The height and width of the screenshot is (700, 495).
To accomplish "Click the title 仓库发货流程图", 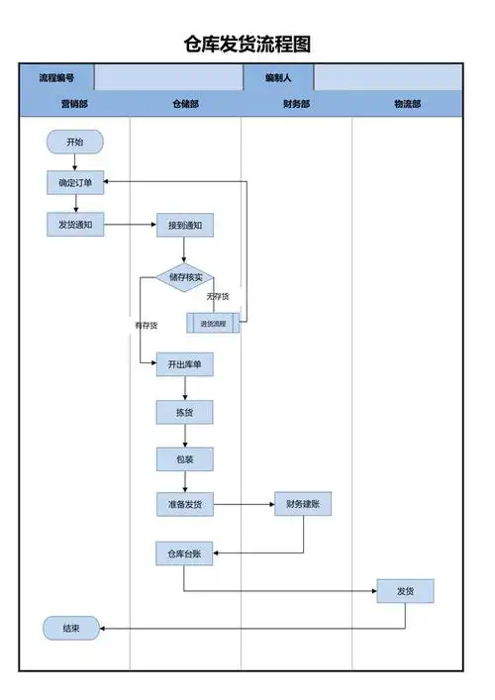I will [x=247, y=45].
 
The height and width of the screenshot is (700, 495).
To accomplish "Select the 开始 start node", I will [x=74, y=143].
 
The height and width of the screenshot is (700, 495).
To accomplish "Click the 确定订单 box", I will [x=74, y=182].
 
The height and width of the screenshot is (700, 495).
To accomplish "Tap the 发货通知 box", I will [x=74, y=225].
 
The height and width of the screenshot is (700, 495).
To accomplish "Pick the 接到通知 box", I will [x=184, y=226].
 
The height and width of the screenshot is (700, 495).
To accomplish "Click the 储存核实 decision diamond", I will [x=184, y=278].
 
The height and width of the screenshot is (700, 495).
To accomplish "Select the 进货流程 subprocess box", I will [x=213, y=323].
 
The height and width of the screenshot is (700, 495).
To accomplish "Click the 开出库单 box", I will [x=184, y=364].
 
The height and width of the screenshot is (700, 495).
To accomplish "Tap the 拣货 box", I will [x=184, y=412].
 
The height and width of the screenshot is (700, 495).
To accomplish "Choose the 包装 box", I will [x=184, y=458].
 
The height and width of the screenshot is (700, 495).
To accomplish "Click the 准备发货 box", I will [x=184, y=505].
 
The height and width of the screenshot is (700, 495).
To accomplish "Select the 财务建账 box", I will [x=303, y=505].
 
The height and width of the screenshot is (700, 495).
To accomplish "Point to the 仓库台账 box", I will [x=184, y=552].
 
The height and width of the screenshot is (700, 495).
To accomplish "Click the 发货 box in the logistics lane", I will [x=405, y=591].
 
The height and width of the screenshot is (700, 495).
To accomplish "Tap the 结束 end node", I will [x=71, y=628].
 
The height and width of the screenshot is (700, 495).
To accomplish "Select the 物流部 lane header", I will [x=406, y=104].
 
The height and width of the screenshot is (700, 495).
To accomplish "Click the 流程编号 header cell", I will [x=56, y=77].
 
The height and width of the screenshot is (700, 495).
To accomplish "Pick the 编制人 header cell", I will [x=278, y=77].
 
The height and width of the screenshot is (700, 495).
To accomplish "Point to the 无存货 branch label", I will [x=217, y=297].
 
